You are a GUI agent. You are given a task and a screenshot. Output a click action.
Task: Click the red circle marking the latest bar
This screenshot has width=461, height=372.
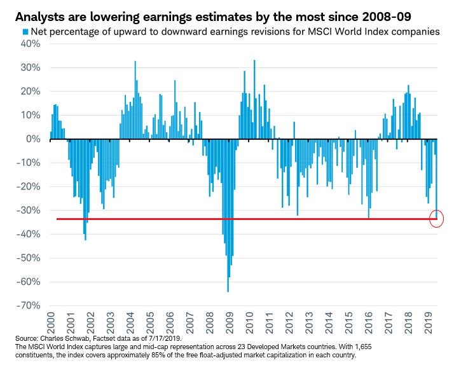click(436, 219)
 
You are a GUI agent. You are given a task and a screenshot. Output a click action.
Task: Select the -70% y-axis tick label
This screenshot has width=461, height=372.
click(30, 306)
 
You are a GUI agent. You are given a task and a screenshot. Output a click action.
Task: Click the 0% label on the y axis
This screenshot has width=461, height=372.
click(34, 139)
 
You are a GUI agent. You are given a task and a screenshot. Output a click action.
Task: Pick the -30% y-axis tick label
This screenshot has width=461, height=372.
click(30, 210)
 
